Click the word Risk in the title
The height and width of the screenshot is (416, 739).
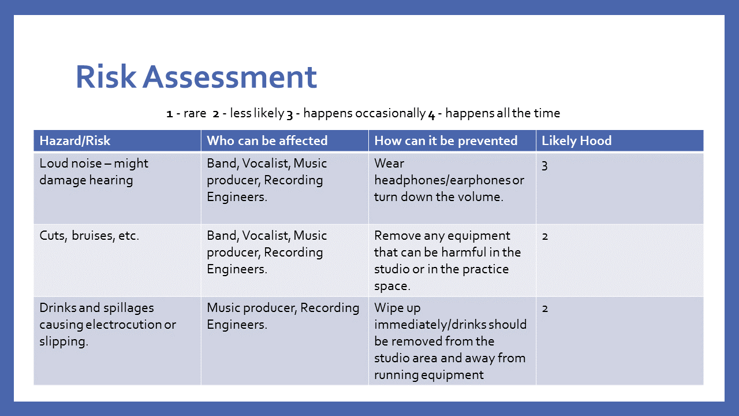(106, 77)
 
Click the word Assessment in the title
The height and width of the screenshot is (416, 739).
(230, 77)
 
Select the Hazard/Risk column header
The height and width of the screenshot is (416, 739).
(75, 140)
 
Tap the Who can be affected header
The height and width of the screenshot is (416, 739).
(267, 140)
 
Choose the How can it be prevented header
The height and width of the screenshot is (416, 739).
(446, 140)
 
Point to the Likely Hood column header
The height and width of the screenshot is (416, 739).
(577, 140)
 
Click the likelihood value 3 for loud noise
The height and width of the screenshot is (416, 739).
(544, 165)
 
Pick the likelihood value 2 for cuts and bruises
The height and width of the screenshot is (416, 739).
(545, 236)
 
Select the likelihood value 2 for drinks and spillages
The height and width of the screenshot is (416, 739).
(545, 309)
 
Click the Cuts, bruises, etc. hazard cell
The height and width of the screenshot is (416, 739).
(89, 236)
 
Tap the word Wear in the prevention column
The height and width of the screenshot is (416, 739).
(389, 164)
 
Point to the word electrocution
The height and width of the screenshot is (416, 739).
(124, 325)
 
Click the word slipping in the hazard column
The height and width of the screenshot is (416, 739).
(64, 341)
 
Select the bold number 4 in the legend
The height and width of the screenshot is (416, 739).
(432, 114)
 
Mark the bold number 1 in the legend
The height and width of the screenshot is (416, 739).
(170, 114)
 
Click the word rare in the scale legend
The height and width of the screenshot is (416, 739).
(195, 114)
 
